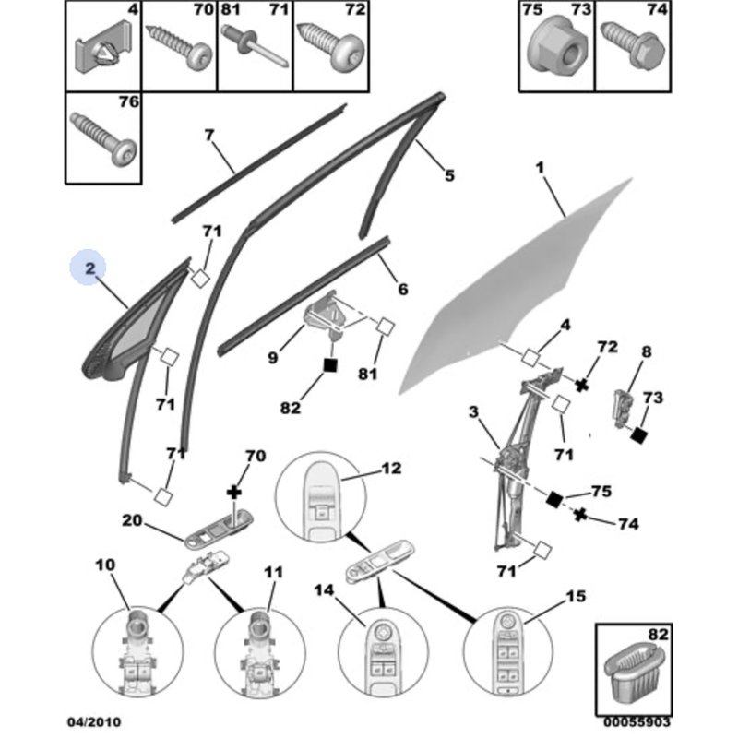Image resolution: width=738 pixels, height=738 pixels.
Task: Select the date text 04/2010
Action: click(x=93, y=721)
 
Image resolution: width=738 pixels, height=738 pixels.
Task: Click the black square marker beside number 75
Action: click(x=554, y=499)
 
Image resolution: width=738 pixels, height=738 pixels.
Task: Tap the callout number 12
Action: click(x=391, y=469)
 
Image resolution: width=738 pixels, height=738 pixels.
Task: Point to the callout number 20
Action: click(x=131, y=520)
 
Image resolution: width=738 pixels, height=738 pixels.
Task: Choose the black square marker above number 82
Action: click(x=329, y=364)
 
